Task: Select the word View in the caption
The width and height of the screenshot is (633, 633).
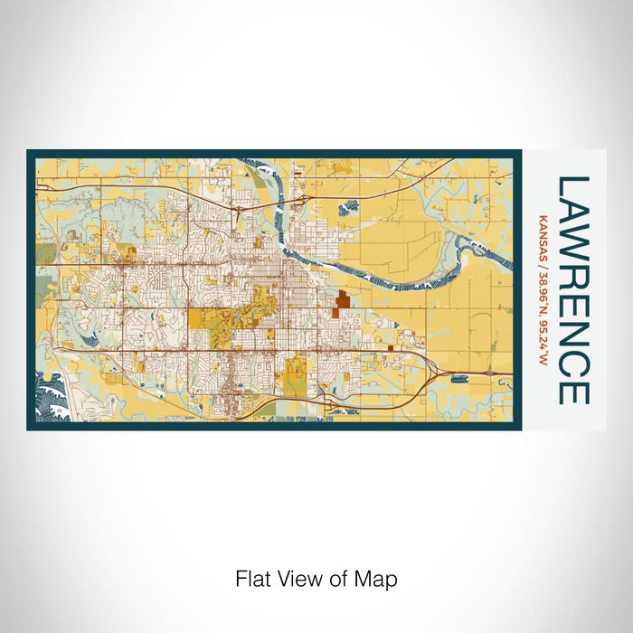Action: (298, 579)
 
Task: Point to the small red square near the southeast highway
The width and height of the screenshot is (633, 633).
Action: (391, 346)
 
